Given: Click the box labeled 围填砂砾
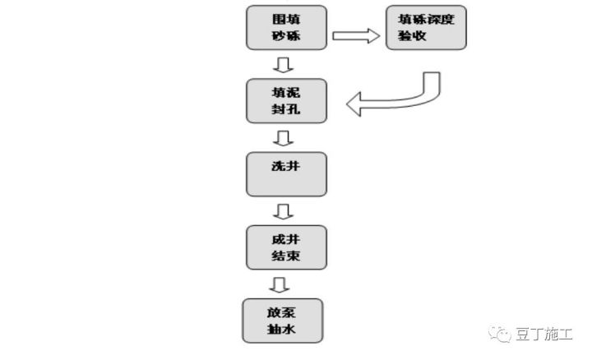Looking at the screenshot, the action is click(x=287, y=28).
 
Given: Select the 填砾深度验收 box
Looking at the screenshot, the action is click(x=426, y=28).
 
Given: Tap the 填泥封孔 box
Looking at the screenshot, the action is click(x=287, y=101).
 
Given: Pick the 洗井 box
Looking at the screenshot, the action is click(x=287, y=174).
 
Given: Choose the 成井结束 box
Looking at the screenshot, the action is click(x=287, y=247).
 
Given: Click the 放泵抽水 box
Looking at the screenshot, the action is click(x=283, y=321).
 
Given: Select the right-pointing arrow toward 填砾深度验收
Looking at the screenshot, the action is click(x=356, y=36).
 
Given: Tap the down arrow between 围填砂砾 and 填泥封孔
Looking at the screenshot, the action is click(x=283, y=65).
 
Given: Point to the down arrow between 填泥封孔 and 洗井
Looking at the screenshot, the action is click(x=283, y=138).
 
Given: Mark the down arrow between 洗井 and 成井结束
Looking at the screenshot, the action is click(x=283, y=211).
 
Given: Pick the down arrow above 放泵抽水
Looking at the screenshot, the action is click(x=280, y=284).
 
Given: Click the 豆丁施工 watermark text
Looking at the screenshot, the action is click(x=544, y=335).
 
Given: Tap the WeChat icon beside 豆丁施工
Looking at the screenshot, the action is click(x=500, y=334).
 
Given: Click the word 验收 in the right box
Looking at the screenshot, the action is click(x=412, y=36).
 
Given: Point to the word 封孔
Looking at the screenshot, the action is click(x=286, y=109).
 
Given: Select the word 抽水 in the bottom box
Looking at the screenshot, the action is click(x=282, y=329).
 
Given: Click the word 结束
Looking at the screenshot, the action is click(x=286, y=256).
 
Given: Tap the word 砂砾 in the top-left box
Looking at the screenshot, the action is click(x=286, y=36).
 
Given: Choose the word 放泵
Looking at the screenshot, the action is click(x=282, y=312).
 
